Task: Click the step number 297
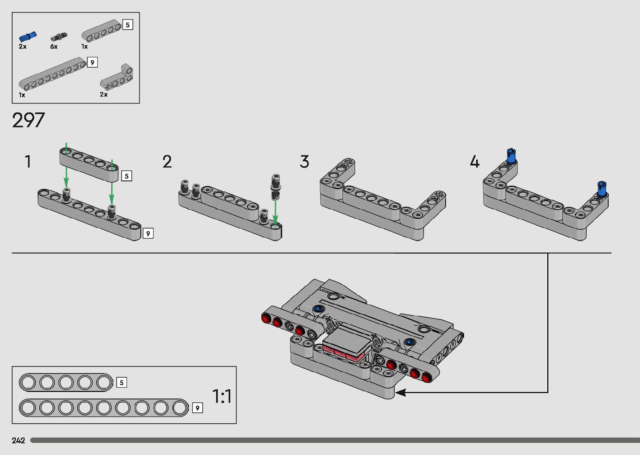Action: (x=28, y=121)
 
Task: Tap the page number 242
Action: (x=19, y=440)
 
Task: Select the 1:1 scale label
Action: (x=222, y=396)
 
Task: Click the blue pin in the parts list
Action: (x=28, y=37)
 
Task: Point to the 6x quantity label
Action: (x=54, y=47)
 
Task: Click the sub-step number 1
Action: (x=28, y=162)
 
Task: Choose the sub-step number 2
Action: (x=167, y=162)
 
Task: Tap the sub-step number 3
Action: (x=304, y=162)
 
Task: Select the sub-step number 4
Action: (x=474, y=162)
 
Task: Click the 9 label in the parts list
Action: (x=92, y=63)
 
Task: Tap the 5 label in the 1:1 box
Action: (x=122, y=382)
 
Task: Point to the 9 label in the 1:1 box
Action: (x=197, y=408)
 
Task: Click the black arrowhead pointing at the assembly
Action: (x=400, y=392)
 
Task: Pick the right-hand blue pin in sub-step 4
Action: (x=602, y=189)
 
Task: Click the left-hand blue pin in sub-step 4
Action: (x=510, y=156)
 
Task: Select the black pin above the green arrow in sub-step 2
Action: (x=275, y=184)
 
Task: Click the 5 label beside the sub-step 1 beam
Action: (x=127, y=176)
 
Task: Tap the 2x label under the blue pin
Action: (x=23, y=47)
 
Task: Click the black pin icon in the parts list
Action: (x=59, y=37)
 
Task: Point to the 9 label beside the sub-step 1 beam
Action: (x=148, y=233)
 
